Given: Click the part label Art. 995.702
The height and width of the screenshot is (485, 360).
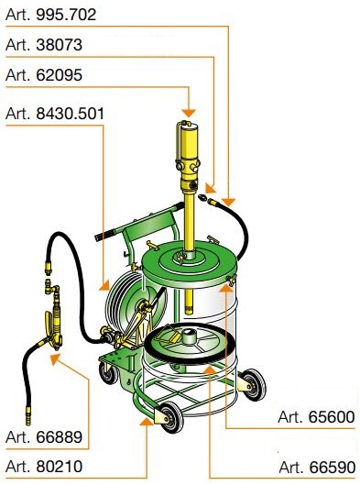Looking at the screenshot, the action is tap(51, 15).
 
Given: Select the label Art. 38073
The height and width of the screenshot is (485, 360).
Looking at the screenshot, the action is tap(44, 45).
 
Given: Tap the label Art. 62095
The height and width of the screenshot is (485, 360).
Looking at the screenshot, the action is tap(44, 75).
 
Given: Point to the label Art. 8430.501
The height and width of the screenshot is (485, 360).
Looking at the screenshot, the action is tap(55, 114).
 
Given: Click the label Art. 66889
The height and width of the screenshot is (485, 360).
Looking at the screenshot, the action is tap(44, 436).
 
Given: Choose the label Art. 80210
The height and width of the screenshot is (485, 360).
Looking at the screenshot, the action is tap(44, 467).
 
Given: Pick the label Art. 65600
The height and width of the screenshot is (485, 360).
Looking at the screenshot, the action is tap(316, 417).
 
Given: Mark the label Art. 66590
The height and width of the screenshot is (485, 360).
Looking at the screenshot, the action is tap(317, 467).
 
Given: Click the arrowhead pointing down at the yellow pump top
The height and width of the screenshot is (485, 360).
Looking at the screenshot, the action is tap(189, 113).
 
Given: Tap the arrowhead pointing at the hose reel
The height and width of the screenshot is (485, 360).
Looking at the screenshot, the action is tap(105, 285).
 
